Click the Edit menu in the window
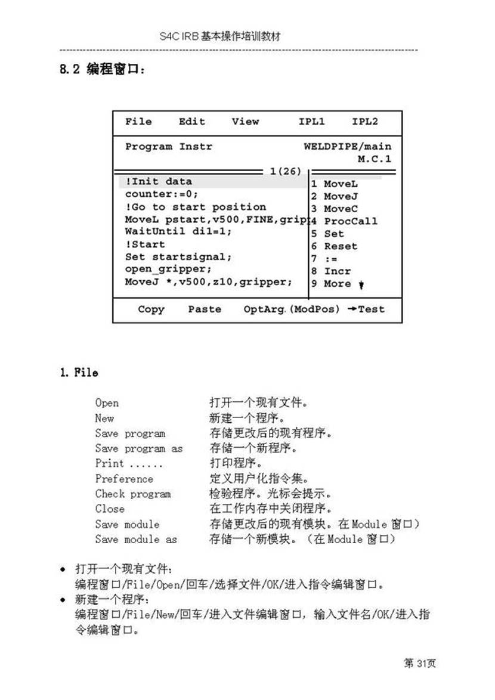191,122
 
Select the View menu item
245,122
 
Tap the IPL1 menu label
311,122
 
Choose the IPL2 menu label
364,122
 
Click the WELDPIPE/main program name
348,147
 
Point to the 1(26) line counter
285,171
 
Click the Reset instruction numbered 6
340,246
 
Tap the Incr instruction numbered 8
337,271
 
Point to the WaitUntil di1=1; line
178,231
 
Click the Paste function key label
205,309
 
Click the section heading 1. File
78,373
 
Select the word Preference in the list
124,479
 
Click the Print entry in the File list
110,463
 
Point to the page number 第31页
420,664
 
